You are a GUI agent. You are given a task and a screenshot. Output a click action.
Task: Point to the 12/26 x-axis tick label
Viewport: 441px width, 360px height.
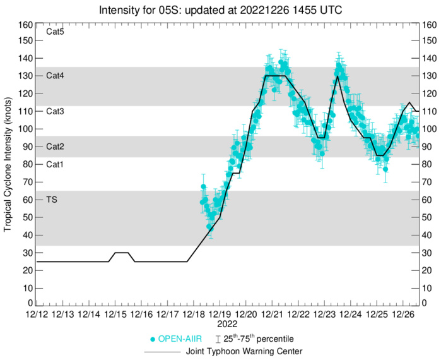(x=403, y=314)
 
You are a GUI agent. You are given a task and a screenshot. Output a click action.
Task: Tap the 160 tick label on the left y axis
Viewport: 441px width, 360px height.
(x=25, y=25)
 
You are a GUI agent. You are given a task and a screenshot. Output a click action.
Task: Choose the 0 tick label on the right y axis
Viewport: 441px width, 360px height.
(x=426, y=303)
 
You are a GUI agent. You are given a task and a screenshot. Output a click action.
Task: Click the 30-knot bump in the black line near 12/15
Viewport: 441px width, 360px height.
(x=122, y=253)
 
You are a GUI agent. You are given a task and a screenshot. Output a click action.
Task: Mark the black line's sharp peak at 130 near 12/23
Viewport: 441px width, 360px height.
(x=338, y=76)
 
